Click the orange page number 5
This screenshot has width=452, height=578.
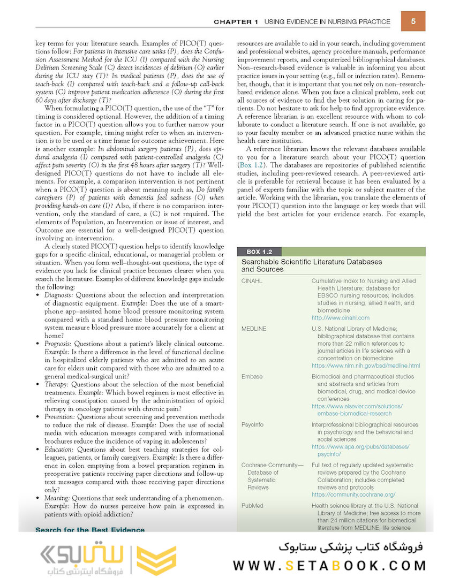click(x=414, y=21)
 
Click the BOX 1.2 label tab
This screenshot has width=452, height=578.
click(x=259, y=252)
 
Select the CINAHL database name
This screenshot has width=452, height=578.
click(x=252, y=280)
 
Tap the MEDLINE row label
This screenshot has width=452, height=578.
click(x=253, y=329)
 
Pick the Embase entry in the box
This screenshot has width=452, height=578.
click(x=252, y=376)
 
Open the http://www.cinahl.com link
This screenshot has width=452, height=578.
click(x=340, y=317)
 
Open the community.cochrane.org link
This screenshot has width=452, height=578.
click(x=353, y=495)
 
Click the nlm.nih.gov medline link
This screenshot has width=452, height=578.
click(x=365, y=366)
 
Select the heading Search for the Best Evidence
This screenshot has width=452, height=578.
click(x=89, y=530)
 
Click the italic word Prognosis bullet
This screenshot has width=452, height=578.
click(x=58, y=343)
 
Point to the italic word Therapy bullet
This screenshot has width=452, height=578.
click(x=56, y=384)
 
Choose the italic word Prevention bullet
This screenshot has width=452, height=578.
click(x=60, y=416)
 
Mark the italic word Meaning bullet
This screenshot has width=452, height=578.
click(x=57, y=498)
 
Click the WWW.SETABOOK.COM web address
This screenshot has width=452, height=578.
click(x=329, y=565)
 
